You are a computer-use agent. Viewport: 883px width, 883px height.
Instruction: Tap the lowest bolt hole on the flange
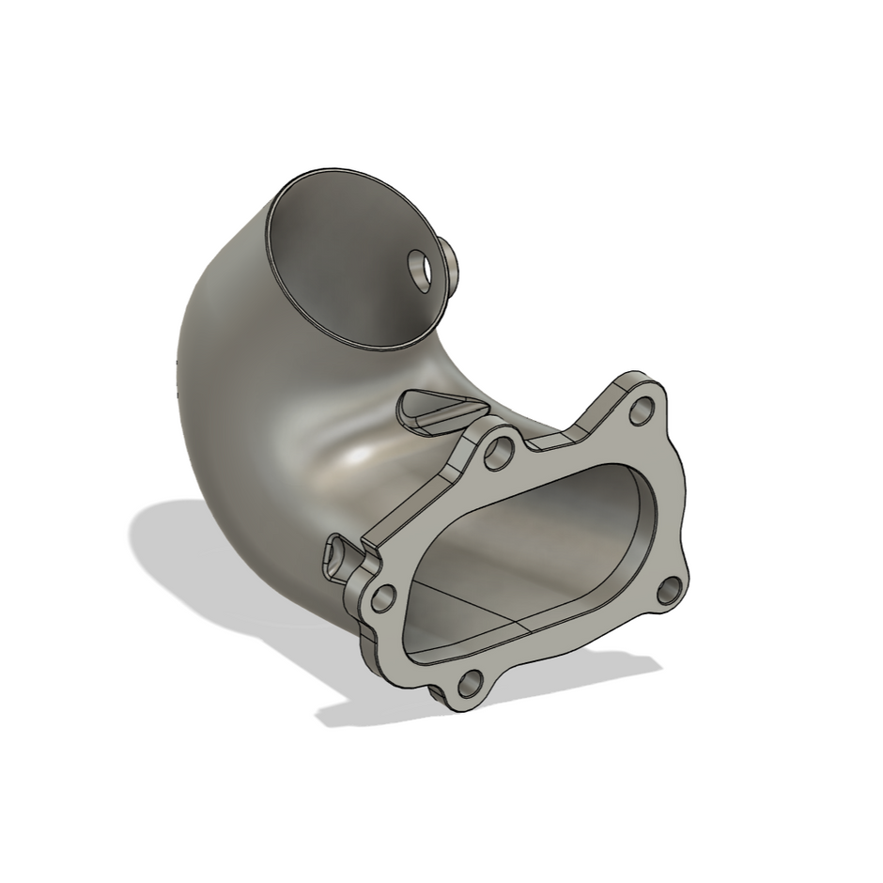(472, 681)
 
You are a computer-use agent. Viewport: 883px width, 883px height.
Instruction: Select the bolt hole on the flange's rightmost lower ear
(669, 591)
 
